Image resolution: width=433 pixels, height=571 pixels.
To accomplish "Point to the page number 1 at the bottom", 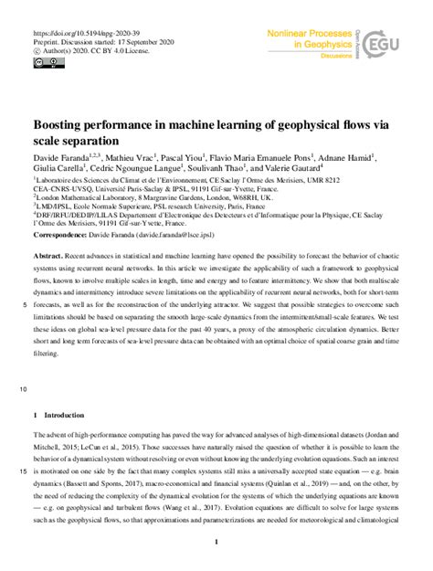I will click(214, 543).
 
